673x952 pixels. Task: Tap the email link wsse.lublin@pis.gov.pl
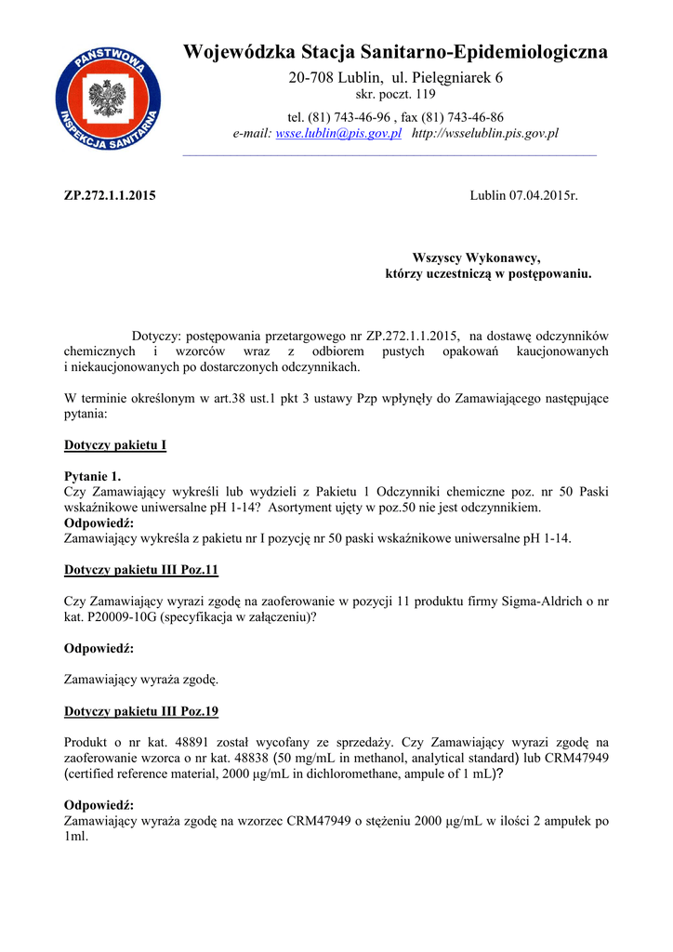click(338, 134)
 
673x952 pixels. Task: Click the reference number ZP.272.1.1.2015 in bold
click(110, 195)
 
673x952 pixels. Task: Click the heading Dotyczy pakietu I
click(115, 445)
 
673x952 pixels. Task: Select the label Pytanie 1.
click(92, 476)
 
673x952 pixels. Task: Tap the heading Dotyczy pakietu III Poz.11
click(141, 569)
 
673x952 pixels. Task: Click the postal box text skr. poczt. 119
click(396, 95)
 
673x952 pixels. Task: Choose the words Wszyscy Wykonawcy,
click(476, 258)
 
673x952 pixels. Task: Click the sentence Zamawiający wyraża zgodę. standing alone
click(141, 680)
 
